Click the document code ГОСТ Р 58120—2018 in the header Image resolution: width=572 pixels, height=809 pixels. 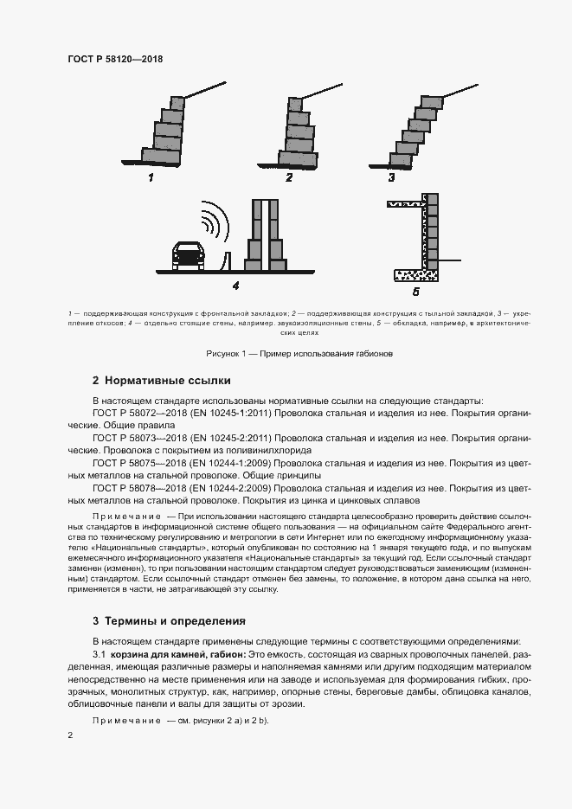point(115,60)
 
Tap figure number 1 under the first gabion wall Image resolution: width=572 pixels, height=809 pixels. point(151,178)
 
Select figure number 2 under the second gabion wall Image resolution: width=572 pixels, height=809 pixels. point(289,178)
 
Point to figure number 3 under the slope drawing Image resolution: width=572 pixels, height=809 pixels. point(391,178)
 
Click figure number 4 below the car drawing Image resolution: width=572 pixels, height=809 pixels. point(235,286)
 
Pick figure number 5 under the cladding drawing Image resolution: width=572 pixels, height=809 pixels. point(415,292)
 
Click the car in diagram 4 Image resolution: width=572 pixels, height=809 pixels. point(188,254)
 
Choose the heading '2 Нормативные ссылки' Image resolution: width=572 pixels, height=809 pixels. point(161,382)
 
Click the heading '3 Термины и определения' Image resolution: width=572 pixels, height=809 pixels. point(169,621)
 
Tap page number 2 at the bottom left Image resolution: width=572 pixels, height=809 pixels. point(70,735)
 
